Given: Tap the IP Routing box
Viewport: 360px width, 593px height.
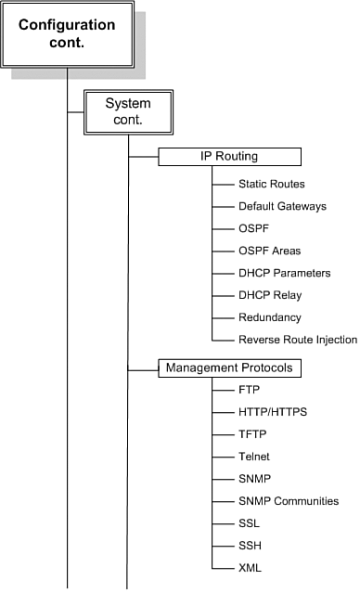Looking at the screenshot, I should click(228, 156).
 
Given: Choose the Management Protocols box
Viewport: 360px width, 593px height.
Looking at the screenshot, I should click(228, 368).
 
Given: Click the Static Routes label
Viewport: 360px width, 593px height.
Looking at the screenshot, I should click(271, 184).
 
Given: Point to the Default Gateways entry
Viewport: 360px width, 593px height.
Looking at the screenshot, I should click(282, 206).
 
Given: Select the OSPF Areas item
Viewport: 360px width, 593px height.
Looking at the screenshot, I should click(269, 251).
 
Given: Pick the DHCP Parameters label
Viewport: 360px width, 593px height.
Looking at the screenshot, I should click(284, 273).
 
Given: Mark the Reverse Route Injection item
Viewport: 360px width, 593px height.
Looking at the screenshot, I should click(298, 340).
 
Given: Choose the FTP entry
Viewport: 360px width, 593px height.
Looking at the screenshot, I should click(250, 389).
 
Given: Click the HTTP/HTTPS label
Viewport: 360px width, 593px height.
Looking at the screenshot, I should click(272, 411).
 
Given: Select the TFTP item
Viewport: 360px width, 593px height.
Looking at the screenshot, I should click(252, 433).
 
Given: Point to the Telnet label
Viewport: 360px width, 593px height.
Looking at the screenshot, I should click(254, 456).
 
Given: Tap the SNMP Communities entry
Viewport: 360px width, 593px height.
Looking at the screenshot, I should click(289, 501).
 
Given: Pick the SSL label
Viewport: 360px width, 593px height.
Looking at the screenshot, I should click(250, 522).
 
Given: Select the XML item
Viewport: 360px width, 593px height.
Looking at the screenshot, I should click(250, 567).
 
